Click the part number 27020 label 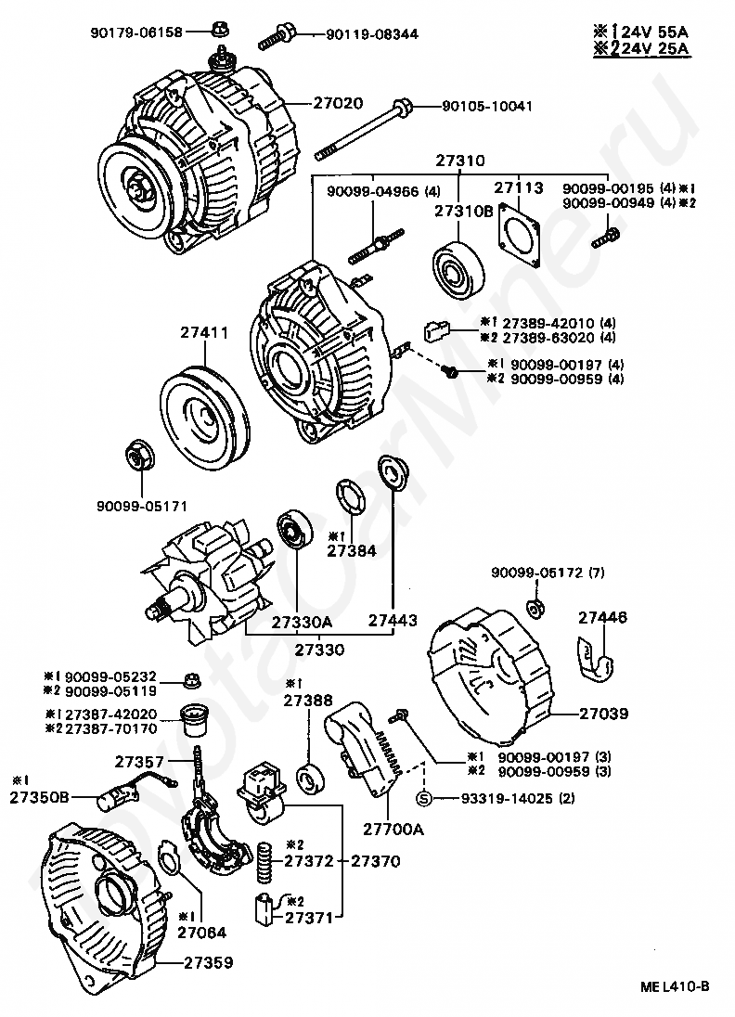[x=339, y=103]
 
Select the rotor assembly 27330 [x=206, y=580]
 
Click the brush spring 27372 [x=264, y=861]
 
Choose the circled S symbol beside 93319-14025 [x=423, y=798]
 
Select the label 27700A [x=393, y=829]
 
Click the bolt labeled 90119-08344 [x=277, y=36]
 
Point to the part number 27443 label [x=393, y=620]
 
